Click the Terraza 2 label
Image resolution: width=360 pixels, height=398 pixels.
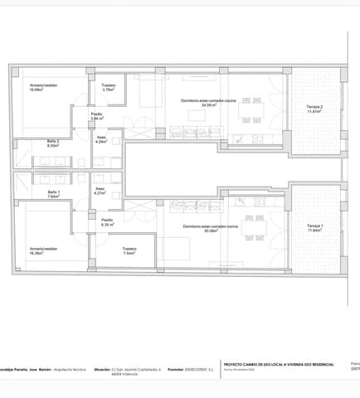pos(314,109)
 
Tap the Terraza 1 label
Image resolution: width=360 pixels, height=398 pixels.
pos(314,228)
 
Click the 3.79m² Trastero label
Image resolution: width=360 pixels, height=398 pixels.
pos(108,86)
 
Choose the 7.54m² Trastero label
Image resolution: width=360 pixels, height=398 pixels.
pos(129,251)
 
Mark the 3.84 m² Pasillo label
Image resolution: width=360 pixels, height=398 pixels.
pos(96,116)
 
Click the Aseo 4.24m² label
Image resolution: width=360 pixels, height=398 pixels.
pos(101,139)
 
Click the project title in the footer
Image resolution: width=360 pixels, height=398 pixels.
pos(280,364)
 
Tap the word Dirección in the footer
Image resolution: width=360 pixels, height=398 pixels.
pos(102,370)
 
